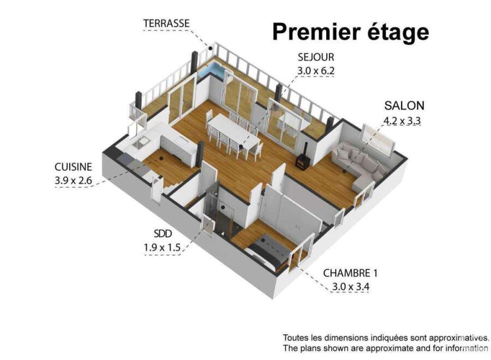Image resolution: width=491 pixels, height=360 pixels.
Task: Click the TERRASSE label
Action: tap(166, 23)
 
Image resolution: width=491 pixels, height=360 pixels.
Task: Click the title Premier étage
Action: tap(351, 33)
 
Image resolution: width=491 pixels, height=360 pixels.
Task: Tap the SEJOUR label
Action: tap(316, 57)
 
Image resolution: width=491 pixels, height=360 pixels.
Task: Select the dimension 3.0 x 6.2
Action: tap(316, 71)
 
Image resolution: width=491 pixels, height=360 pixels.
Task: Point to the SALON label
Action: tap(404, 106)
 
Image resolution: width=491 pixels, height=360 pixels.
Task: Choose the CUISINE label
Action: tap(73, 167)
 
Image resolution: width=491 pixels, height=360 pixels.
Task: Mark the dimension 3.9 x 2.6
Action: tap(73, 181)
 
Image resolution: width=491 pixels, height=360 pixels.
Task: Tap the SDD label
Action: tap(163, 233)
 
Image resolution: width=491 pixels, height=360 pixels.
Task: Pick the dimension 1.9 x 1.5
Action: tap(162, 248)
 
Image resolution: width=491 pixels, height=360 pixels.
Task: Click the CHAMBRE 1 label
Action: tap(350, 273)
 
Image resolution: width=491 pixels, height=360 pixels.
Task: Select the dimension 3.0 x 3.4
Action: tap(350, 287)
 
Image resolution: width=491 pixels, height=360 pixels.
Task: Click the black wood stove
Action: tap(303, 158)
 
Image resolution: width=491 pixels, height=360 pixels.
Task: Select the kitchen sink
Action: tap(141, 143)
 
